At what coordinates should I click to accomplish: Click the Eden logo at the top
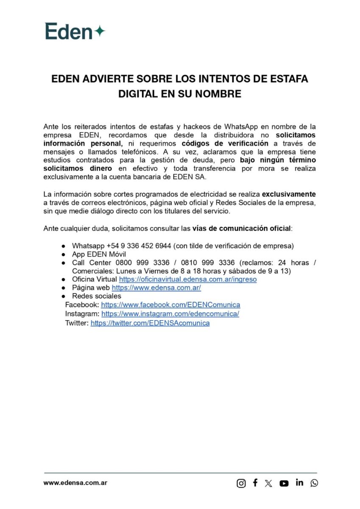[75, 31]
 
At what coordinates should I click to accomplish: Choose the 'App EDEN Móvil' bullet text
[96, 255]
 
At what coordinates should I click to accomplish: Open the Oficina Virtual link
[187, 280]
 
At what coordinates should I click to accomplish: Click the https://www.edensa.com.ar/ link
[156, 288]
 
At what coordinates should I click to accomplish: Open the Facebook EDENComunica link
[170, 305]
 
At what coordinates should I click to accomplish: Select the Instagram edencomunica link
[170, 314]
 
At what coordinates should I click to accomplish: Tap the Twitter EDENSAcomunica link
[150, 323]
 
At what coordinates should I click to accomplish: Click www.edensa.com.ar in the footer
[75, 483]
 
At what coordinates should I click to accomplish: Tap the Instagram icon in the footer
[241, 483]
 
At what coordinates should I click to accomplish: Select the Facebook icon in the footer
[255, 483]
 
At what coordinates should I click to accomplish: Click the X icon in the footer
[268, 483]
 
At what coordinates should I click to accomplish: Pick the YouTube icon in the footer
[284, 483]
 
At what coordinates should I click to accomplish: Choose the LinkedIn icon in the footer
[299, 483]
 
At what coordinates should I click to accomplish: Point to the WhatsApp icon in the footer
[314, 483]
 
